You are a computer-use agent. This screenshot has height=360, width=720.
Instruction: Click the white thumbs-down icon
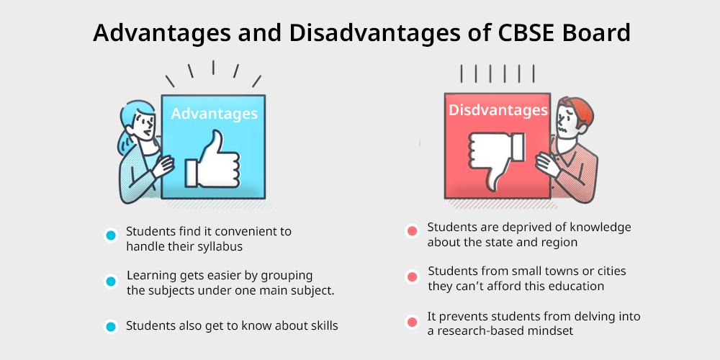(496, 161)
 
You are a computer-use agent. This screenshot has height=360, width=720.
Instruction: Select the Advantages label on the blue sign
(214, 114)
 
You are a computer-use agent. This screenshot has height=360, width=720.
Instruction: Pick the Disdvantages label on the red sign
(498, 110)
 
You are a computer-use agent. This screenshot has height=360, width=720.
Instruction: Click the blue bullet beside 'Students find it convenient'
(111, 235)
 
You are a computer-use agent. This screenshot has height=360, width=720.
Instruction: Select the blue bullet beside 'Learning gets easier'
(111, 282)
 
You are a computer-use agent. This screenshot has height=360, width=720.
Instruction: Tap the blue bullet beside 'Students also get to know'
(111, 326)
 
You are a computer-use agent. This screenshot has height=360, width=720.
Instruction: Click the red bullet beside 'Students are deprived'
(413, 231)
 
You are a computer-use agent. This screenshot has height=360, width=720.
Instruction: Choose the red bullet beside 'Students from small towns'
(413, 277)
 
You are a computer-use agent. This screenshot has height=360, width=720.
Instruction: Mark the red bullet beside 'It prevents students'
(413, 322)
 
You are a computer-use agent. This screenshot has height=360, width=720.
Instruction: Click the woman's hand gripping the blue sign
(163, 166)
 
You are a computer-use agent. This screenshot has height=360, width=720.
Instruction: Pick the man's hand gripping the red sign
(547, 163)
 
